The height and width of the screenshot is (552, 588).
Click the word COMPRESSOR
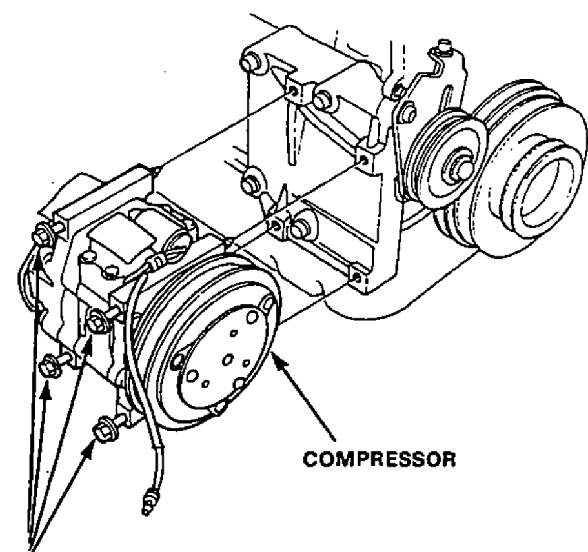click(379, 459)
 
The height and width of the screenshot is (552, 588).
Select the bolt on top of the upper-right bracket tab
click(444, 47)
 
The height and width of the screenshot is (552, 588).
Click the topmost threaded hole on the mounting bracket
click(293, 91)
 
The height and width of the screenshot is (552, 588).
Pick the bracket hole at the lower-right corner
click(357, 279)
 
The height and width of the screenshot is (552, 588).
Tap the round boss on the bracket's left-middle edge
click(248, 184)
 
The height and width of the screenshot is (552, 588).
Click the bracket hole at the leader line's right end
click(363, 160)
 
